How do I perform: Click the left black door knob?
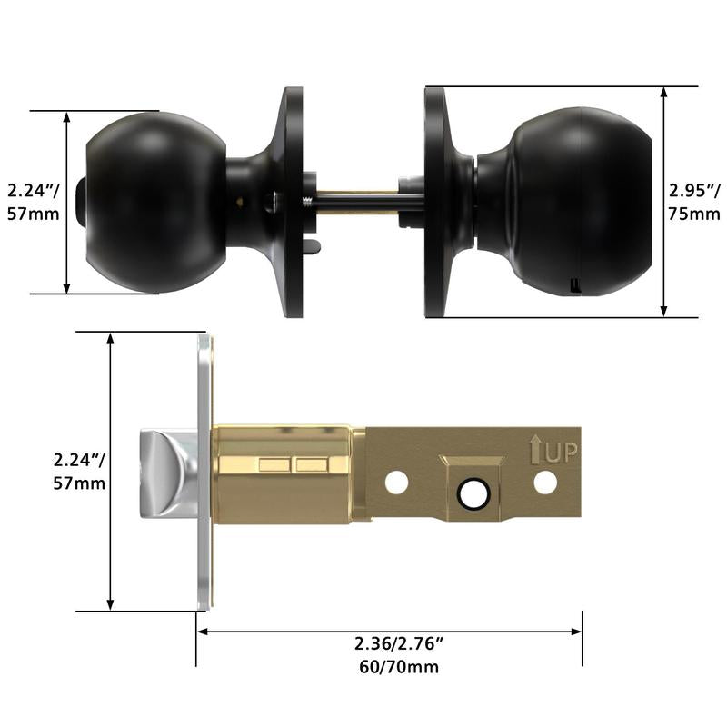[x=155, y=203]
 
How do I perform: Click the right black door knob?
[x=565, y=202]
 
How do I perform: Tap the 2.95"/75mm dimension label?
[x=694, y=202]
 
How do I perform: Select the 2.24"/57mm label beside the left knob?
[x=34, y=202]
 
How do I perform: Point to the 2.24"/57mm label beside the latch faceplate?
[x=79, y=472]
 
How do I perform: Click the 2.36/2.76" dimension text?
[x=399, y=643]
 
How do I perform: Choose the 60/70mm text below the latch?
[x=399, y=667]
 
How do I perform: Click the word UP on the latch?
[x=561, y=453]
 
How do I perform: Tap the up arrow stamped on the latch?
[x=535, y=449]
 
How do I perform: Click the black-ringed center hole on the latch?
[x=473, y=493]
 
